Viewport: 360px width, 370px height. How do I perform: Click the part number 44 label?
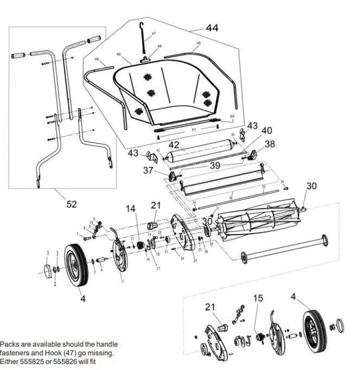(212, 29)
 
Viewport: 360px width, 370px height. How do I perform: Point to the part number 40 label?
(267, 131)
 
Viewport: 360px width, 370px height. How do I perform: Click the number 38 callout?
(269, 143)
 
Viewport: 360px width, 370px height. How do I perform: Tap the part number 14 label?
(130, 208)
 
